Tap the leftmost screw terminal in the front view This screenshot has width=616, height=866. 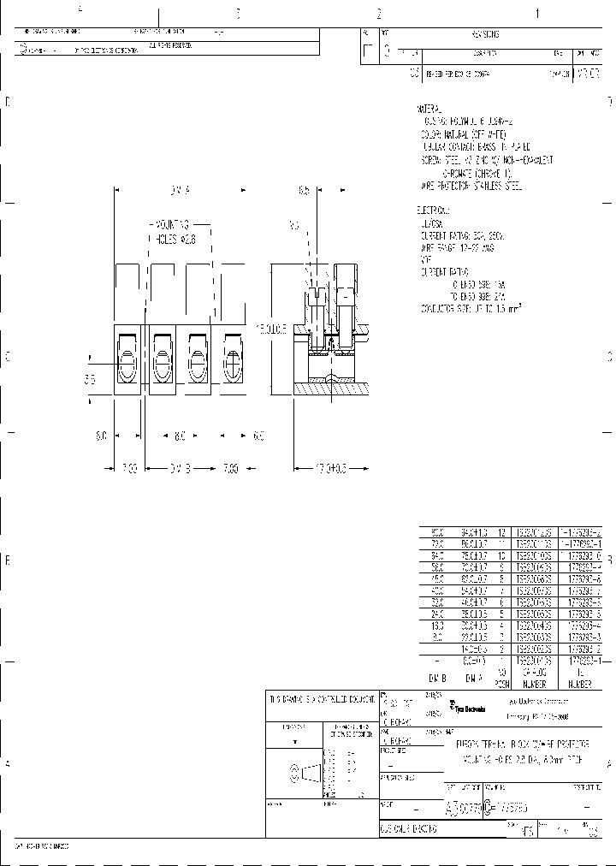(x=126, y=359)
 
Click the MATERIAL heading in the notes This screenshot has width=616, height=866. (x=429, y=110)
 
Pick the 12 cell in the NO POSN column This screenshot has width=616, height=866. (x=503, y=531)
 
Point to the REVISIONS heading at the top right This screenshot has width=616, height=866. (x=485, y=34)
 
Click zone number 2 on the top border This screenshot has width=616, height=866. (x=378, y=14)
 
